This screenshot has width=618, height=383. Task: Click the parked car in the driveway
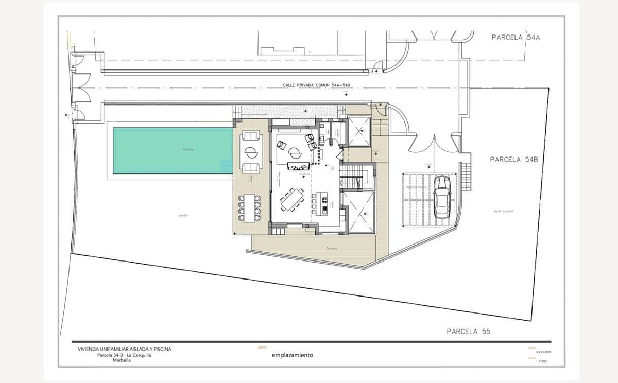click(x=442, y=197)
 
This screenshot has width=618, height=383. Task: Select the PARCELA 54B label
click(x=513, y=160)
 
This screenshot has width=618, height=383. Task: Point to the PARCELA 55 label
click(x=468, y=332)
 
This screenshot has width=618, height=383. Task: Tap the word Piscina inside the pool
click(x=188, y=150)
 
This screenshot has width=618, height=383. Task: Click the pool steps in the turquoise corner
click(x=227, y=166)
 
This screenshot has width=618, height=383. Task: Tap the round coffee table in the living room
click(x=295, y=152)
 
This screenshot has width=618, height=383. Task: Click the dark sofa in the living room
click(x=299, y=166)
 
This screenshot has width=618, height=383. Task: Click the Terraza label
click(x=331, y=249)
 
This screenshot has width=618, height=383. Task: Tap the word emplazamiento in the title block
click(x=292, y=355)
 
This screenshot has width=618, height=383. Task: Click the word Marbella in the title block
click(x=122, y=360)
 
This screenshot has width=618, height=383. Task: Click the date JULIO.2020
click(x=543, y=352)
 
